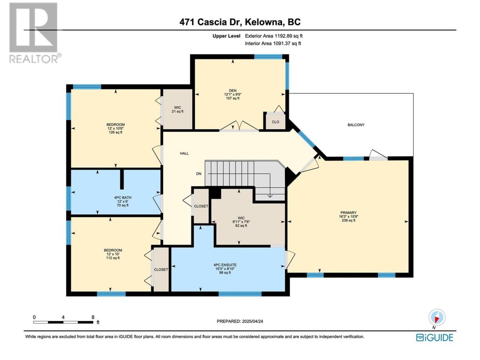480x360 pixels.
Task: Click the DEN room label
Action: [x=232, y=90]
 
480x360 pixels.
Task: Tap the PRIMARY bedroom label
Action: [x=348, y=213]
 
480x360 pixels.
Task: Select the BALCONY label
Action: [x=356, y=125]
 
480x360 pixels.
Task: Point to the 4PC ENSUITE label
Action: [x=225, y=265]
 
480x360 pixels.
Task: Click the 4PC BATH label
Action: [x=123, y=197]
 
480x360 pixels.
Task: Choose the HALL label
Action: [x=184, y=153]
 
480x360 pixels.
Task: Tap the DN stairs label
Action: [x=199, y=174]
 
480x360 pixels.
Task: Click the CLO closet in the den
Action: [x=276, y=122]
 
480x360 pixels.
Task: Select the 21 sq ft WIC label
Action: [x=178, y=111]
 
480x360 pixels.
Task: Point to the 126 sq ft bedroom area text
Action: [x=115, y=132]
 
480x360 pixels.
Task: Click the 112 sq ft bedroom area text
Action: [x=113, y=258]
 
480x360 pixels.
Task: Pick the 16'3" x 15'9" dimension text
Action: [x=348, y=216]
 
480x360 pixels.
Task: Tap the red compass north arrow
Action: [x=436, y=320]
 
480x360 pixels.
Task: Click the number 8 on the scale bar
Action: [x=93, y=317]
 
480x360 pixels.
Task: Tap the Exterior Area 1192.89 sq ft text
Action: [x=274, y=36]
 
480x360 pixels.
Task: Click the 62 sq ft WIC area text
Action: [x=241, y=225]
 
